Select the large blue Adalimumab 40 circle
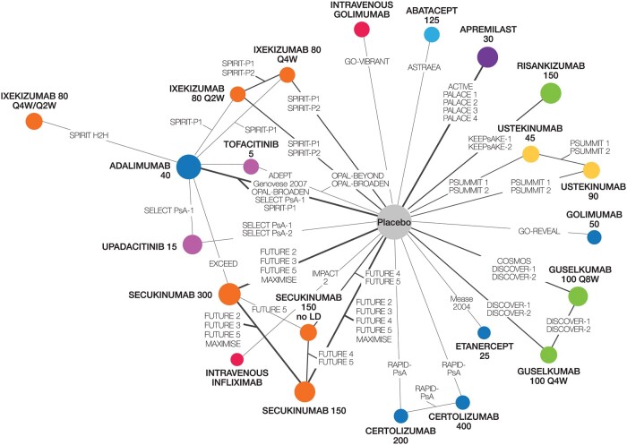point(189,167)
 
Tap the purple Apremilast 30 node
point(487,57)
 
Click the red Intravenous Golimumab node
point(362,30)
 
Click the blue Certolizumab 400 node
point(463,402)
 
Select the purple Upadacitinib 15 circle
point(192,244)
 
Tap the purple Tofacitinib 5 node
point(251,166)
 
